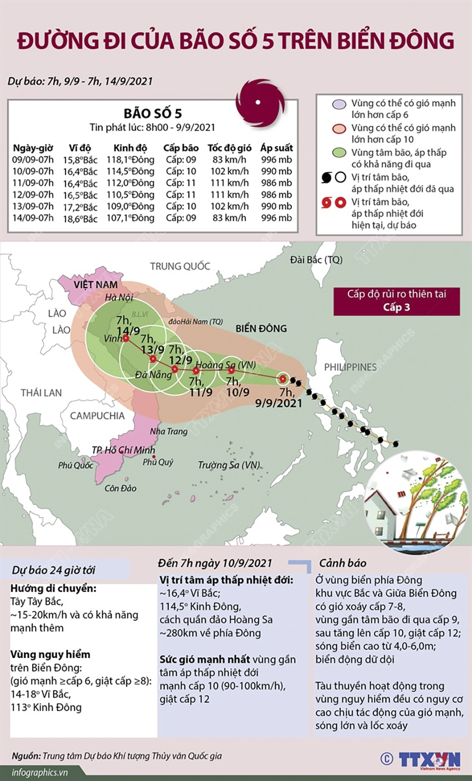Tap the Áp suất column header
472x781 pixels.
pyautogui.click(x=276, y=148)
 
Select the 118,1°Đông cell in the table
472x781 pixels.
pyautogui.click(x=131, y=160)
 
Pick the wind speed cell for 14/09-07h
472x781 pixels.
pyautogui.click(x=229, y=218)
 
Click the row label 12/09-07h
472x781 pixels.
pyautogui.click(x=33, y=194)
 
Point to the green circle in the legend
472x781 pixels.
pyautogui.click(x=340, y=153)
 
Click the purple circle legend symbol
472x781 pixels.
pyautogui.click(x=340, y=104)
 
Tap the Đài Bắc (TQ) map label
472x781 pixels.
pyautogui.click(x=316, y=260)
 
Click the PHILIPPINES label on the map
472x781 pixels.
pyautogui.click(x=350, y=367)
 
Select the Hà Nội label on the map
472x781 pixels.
pyautogui.click(x=119, y=297)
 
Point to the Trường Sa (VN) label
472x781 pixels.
pyautogui.click(x=229, y=465)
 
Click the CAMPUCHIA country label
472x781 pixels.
pyautogui.click(x=97, y=416)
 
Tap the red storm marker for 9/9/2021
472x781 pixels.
pyautogui.click(x=283, y=379)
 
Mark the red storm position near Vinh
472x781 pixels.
pyautogui.click(x=126, y=339)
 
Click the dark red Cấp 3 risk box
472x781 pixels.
pyautogui.click(x=396, y=301)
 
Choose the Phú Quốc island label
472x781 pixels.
pyautogui.click(x=76, y=466)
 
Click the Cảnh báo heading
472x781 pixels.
pyautogui.click(x=342, y=563)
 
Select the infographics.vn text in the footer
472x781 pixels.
pyautogui.click(x=40, y=772)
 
